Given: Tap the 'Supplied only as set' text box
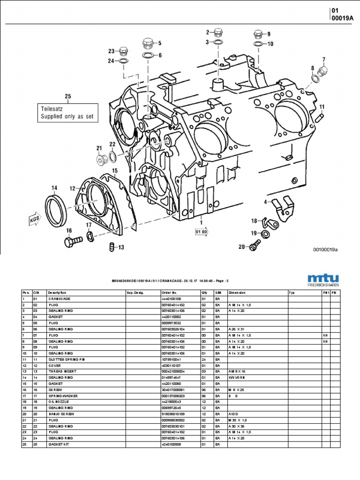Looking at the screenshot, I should point(68,112).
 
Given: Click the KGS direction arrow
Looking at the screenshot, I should point(33,218).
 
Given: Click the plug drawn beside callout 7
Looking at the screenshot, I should point(322,72).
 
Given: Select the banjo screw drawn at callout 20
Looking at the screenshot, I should point(255,244).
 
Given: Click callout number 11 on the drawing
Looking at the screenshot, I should point(322,107).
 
